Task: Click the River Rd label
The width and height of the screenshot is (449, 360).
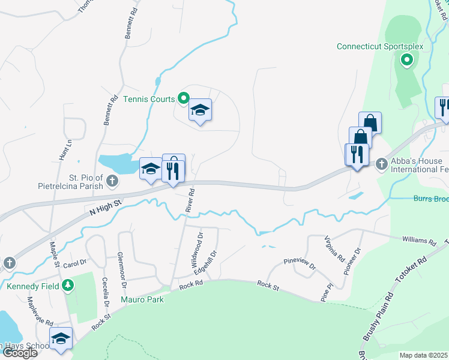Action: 190,200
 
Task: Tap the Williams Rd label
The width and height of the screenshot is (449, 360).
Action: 419,241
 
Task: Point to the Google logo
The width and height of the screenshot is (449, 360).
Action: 19,353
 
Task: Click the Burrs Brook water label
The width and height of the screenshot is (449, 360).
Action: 431,199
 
